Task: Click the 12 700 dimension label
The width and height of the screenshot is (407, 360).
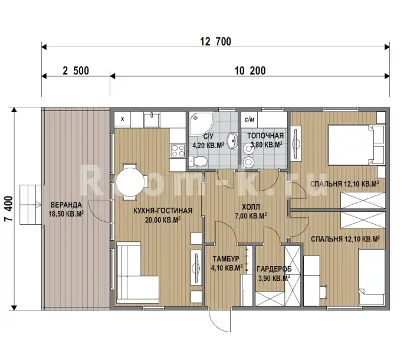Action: [x=215, y=41]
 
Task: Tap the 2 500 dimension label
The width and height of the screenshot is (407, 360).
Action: [x=76, y=71]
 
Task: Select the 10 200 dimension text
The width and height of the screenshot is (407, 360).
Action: [x=250, y=71]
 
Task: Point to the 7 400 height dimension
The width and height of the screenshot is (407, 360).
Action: [x=8, y=208]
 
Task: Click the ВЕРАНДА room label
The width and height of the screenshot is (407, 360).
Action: [x=66, y=205]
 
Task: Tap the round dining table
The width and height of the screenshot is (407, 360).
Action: [x=130, y=182]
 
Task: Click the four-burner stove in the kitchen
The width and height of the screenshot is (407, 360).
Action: [x=178, y=151]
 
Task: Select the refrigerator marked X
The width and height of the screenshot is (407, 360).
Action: [x=123, y=119]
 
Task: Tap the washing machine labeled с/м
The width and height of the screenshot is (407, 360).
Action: [x=249, y=119]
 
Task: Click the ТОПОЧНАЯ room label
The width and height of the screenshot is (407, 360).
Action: [x=265, y=136]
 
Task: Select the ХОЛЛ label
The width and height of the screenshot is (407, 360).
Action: [x=251, y=207]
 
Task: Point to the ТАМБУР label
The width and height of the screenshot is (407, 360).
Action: [x=226, y=259]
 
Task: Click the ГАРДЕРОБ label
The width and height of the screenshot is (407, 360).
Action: [x=274, y=269]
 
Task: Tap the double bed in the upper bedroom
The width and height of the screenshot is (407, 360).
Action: [x=356, y=145]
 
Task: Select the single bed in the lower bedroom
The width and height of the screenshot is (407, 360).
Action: [x=372, y=277]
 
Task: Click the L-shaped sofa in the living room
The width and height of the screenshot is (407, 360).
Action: [x=137, y=273]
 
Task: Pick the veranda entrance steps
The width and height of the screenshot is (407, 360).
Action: [x=31, y=205]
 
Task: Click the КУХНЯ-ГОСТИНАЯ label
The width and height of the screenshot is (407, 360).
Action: [x=163, y=211]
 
